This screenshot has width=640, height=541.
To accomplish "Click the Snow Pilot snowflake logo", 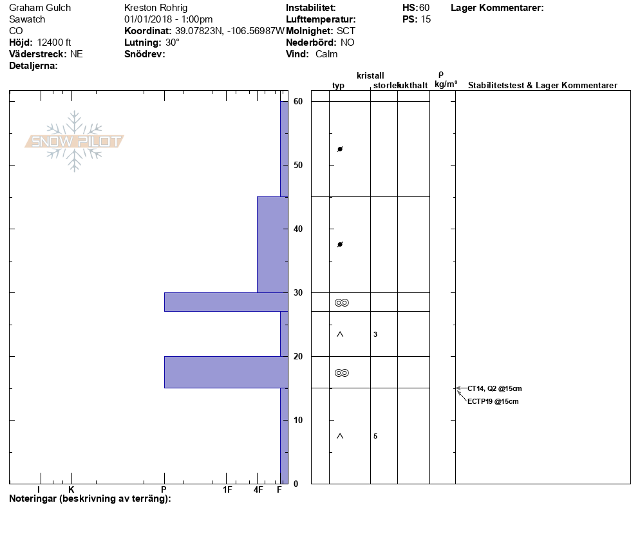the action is point(74,141).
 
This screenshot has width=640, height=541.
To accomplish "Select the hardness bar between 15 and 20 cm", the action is point(226,372).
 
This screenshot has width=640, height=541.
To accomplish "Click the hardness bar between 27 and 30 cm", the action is point(226,302).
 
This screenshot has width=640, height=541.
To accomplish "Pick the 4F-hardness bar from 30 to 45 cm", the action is point(272,245).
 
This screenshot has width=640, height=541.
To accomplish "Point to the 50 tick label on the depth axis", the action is point(298,166).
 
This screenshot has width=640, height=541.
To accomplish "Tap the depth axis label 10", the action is point(298,420).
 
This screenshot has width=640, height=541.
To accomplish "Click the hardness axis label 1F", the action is point(227,489).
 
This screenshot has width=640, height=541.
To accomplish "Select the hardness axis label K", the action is point(71,489).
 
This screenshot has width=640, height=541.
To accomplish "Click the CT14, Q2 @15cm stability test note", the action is point(494,389).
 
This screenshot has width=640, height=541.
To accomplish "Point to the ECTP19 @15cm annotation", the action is point(493,401).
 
